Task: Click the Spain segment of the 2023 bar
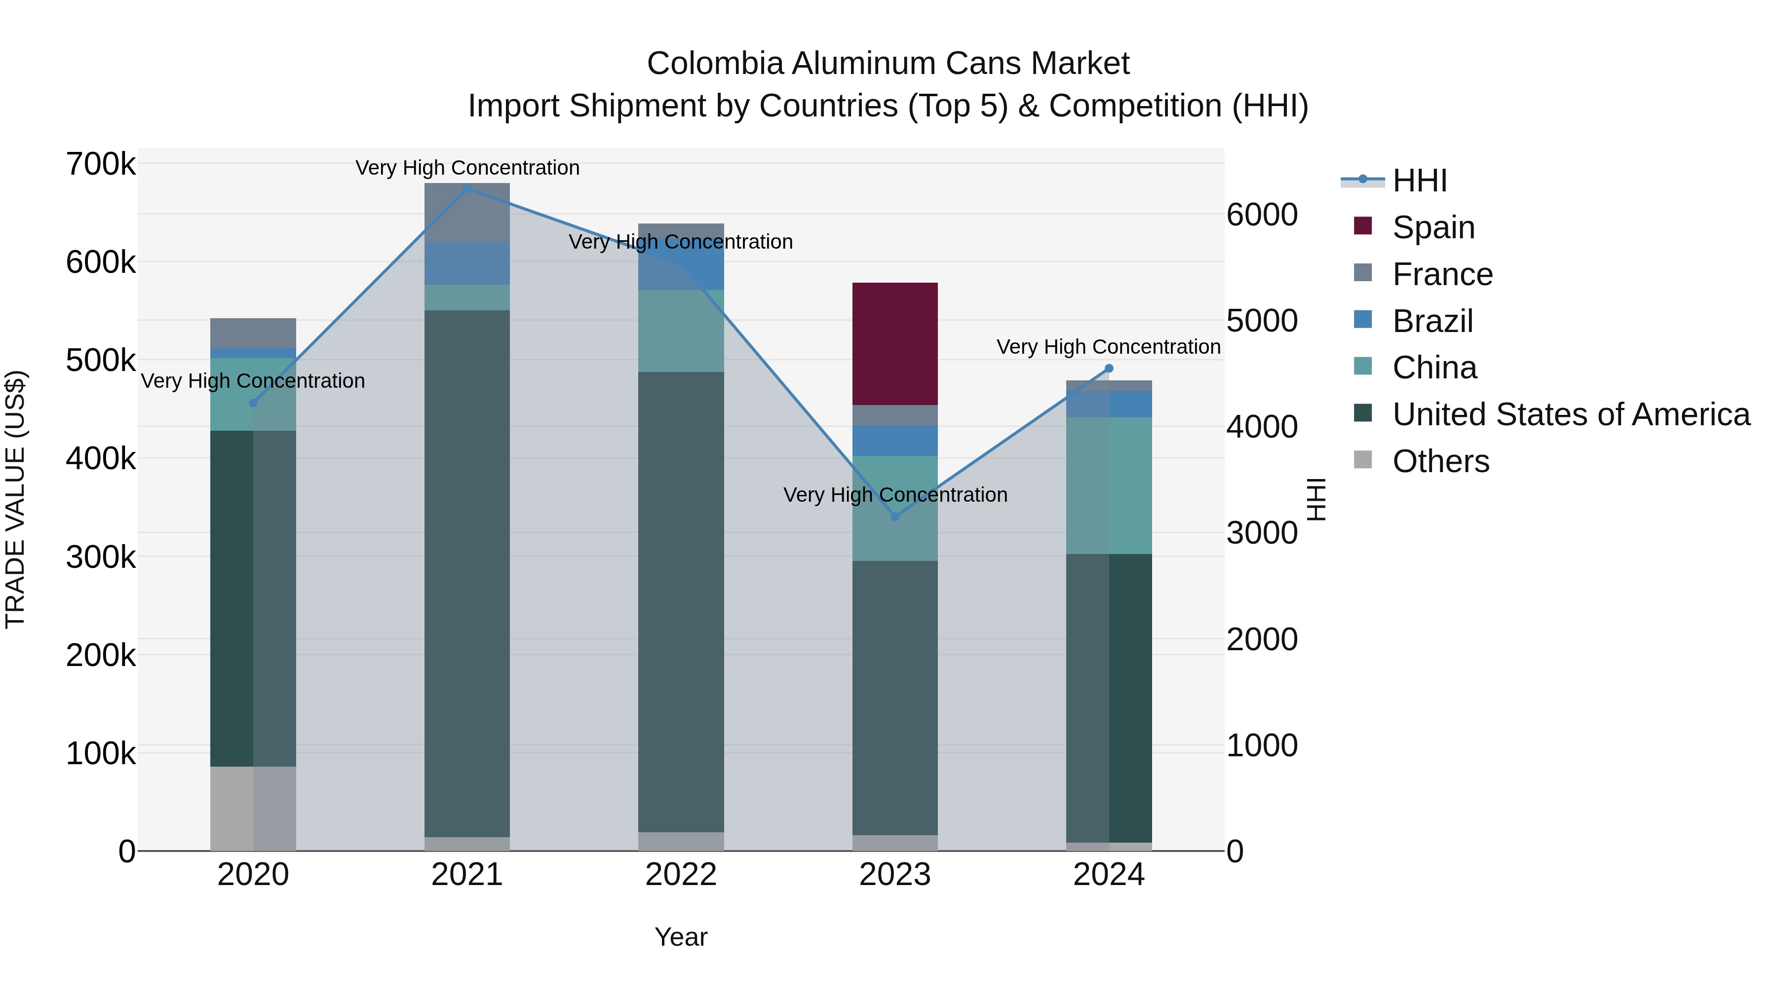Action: pos(895,343)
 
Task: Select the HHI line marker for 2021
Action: pos(467,188)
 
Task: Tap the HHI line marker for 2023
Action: pos(895,517)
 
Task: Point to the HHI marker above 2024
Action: pos(1109,368)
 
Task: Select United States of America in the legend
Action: pos(1570,414)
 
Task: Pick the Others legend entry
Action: pos(1440,461)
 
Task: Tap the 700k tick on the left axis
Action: pos(101,165)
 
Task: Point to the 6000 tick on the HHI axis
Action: pos(1262,215)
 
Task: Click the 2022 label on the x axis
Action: pos(681,875)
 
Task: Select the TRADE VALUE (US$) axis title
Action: pos(15,499)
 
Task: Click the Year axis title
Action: pos(681,937)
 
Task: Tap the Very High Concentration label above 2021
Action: pos(467,168)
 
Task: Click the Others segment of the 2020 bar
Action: pos(253,808)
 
